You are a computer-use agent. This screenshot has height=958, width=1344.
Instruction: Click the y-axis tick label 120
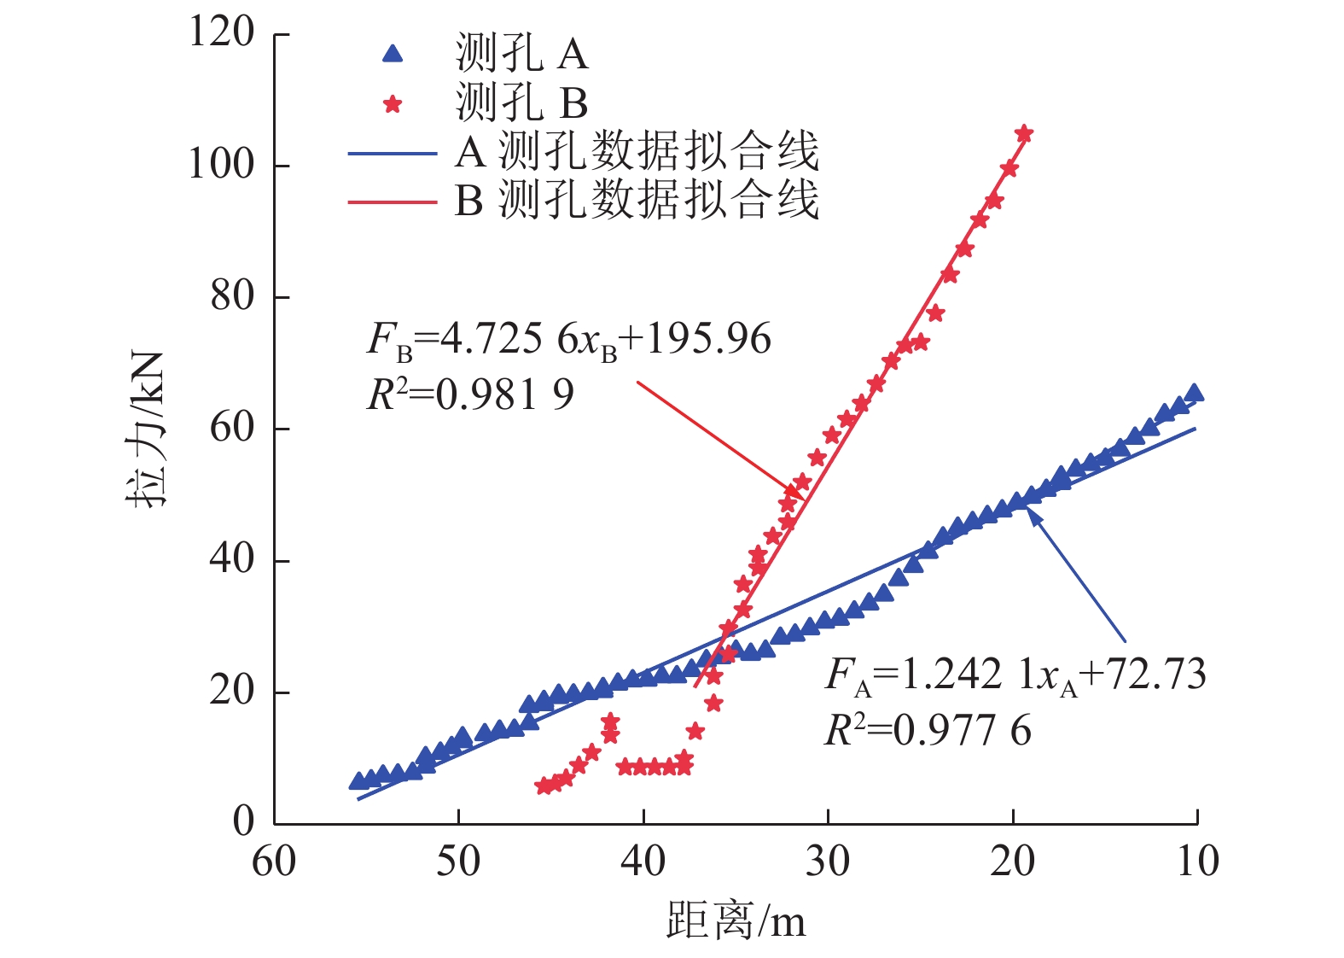coord(221,33)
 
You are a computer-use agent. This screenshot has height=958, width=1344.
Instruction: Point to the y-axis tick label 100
coord(221,165)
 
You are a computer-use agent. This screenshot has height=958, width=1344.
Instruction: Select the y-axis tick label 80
coord(232,296)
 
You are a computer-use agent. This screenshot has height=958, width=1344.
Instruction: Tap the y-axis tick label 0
coord(243,821)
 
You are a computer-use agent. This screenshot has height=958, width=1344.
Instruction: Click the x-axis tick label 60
coord(274,862)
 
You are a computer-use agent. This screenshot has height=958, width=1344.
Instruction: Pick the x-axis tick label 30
coord(828,862)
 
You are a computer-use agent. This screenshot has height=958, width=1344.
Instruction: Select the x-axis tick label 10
coord(1197,862)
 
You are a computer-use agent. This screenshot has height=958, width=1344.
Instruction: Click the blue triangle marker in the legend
coord(392,55)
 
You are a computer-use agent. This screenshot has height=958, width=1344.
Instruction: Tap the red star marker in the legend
coord(393,104)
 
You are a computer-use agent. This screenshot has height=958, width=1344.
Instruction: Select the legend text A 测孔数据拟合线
coord(637,153)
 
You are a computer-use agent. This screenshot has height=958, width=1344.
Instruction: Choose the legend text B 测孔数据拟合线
coord(637,201)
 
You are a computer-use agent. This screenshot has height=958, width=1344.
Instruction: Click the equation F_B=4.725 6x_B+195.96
coord(569,340)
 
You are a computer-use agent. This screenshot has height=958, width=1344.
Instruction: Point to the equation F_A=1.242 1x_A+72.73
coord(1015,675)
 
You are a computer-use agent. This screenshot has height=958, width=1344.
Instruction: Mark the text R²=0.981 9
coord(470,394)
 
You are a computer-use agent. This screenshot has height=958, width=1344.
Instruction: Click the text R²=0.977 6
coord(928,731)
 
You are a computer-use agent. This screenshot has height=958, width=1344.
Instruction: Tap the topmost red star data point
coord(1024,134)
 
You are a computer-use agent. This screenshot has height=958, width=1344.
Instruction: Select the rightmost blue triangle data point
coord(1195,393)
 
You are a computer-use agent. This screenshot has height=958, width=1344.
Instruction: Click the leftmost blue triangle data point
coord(358,781)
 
